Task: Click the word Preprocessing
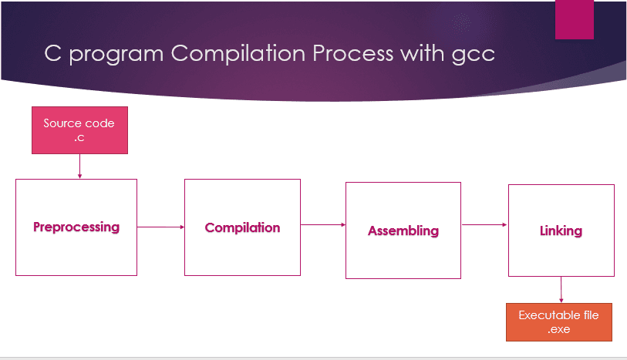point(76,227)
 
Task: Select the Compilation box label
point(242,227)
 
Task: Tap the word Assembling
point(403,230)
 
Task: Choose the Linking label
point(561,230)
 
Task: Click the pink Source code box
point(79,130)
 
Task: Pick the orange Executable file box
point(558,322)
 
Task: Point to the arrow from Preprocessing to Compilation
point(161,227)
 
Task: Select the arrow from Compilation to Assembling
point(322,225)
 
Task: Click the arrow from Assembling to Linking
point(484,225)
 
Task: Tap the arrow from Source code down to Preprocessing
point(79,166)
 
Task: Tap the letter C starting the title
point(51,56)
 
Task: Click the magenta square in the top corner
point(575,19)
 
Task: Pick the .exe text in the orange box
point(558,329)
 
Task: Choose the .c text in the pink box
point(79,137)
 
